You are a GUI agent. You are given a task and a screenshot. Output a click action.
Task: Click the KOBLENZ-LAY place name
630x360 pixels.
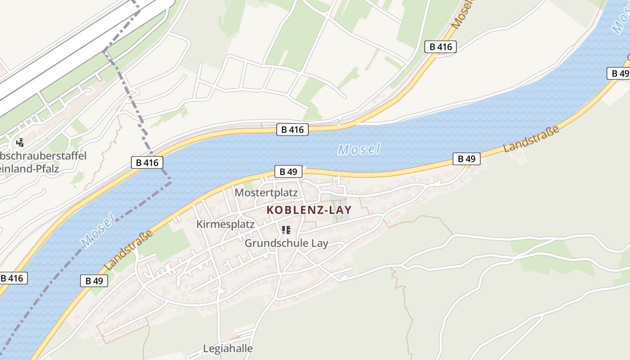309,210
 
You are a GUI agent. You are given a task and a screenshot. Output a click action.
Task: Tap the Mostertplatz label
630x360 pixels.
266,193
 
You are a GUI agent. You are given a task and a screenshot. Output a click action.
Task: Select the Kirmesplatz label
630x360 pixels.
225,224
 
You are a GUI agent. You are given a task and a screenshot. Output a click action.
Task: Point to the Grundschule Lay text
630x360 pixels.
286,243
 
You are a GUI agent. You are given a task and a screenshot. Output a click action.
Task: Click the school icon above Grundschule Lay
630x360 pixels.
286,230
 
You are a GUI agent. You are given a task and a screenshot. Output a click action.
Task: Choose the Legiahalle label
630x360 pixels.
228,348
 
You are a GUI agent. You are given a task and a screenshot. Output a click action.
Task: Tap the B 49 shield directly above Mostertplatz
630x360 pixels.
288,171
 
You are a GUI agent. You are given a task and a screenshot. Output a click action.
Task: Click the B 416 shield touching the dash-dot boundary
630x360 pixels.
147,162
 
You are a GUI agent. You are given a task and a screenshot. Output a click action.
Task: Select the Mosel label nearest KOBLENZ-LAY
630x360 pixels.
359,149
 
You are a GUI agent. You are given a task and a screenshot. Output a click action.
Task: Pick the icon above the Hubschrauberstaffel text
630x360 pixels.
20,143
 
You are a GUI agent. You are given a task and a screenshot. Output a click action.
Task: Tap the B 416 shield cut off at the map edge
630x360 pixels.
13,278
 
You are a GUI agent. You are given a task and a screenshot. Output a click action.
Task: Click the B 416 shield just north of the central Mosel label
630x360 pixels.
292,130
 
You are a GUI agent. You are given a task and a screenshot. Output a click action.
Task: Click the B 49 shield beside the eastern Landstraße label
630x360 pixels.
466,158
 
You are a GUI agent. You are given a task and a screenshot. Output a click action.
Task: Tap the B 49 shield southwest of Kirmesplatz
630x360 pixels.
94,281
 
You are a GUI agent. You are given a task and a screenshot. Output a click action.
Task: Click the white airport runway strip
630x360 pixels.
67,54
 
